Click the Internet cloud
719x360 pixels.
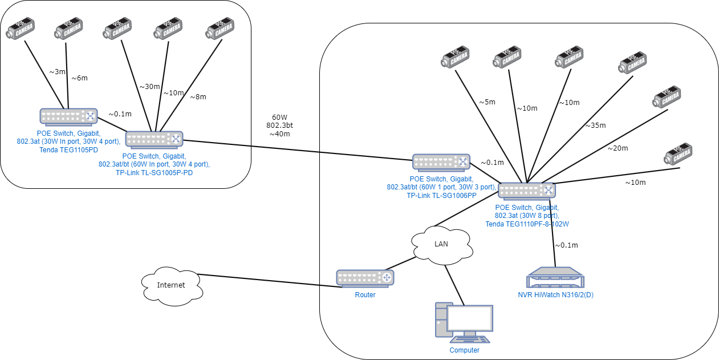171,285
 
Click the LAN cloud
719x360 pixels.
442,244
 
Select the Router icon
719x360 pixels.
365,278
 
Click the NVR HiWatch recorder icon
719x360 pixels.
555,278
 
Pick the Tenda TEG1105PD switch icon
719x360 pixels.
68,116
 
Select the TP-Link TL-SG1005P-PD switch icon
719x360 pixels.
154,139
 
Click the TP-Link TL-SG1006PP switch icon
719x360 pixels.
441,162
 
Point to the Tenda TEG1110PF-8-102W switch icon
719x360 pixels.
527,190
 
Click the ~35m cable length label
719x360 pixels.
595,126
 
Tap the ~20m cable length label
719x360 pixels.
618,148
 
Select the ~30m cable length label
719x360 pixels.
150,87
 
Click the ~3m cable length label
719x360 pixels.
57,72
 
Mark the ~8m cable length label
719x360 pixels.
200,97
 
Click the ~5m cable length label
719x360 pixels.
486,103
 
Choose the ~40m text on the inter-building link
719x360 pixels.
279,134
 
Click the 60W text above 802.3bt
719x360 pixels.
279,116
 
